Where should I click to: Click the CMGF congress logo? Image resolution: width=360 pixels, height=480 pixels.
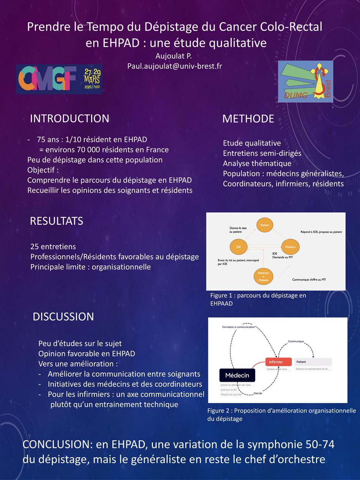[x=59, y=79]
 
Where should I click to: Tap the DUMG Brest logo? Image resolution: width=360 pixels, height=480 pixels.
[x=305, y=81]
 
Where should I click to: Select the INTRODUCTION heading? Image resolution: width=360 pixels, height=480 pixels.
[x=69, y=118]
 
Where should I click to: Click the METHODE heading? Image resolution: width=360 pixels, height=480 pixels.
[x=248, y=119]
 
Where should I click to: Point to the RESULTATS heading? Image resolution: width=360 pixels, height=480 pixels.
[x=57, y=221]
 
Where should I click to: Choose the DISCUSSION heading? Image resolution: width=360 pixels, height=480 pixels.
[x=63, y=317]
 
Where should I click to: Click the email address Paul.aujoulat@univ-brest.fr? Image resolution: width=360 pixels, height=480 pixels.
[x=174, y=66]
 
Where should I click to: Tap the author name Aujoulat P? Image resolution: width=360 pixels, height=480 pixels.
[x=174, y=56]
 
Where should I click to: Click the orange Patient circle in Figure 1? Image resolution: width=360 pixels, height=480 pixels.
[x=265, y=225]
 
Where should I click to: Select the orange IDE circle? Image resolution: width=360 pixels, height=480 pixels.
[x=238, y=247]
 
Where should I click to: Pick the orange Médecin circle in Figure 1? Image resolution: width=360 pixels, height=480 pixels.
[x=290, y=247]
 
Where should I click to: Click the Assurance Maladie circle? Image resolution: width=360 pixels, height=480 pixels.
[x=264, y=276]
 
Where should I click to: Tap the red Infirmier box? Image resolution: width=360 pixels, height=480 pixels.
[x=278, y=362]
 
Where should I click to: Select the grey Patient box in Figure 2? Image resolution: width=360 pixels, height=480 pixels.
[x=313, y=362]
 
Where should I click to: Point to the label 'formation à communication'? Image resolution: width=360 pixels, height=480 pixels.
[x=239, y=327]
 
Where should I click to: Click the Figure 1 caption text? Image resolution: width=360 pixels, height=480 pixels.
[x=258, y=299]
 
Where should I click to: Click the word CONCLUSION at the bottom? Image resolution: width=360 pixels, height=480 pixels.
[x=57, y=445]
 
